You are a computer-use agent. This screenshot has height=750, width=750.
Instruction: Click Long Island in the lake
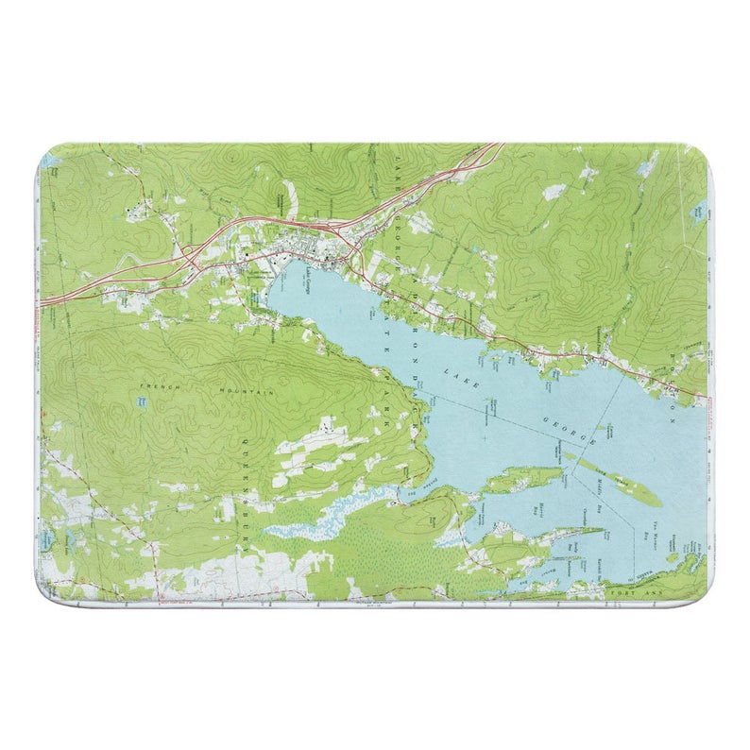pos(613,480)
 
